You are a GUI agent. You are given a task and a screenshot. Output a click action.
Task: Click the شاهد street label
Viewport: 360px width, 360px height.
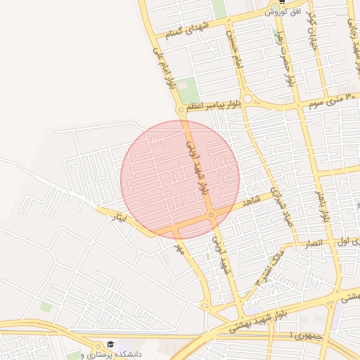pyautogui.click(x=251, y=202)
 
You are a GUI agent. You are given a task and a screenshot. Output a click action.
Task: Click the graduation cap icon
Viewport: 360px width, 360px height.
pyautogui.click(x=110, y=345)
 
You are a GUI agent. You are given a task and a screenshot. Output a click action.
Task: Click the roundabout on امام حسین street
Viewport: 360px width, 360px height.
pyautogui.click(x=247, y=99)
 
